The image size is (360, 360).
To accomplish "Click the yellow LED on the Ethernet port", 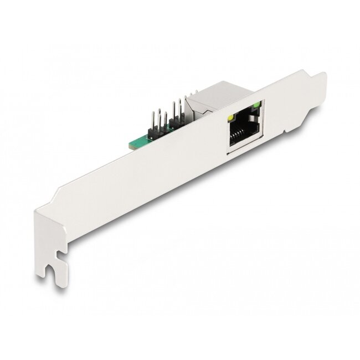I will (x=229, y=119).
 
